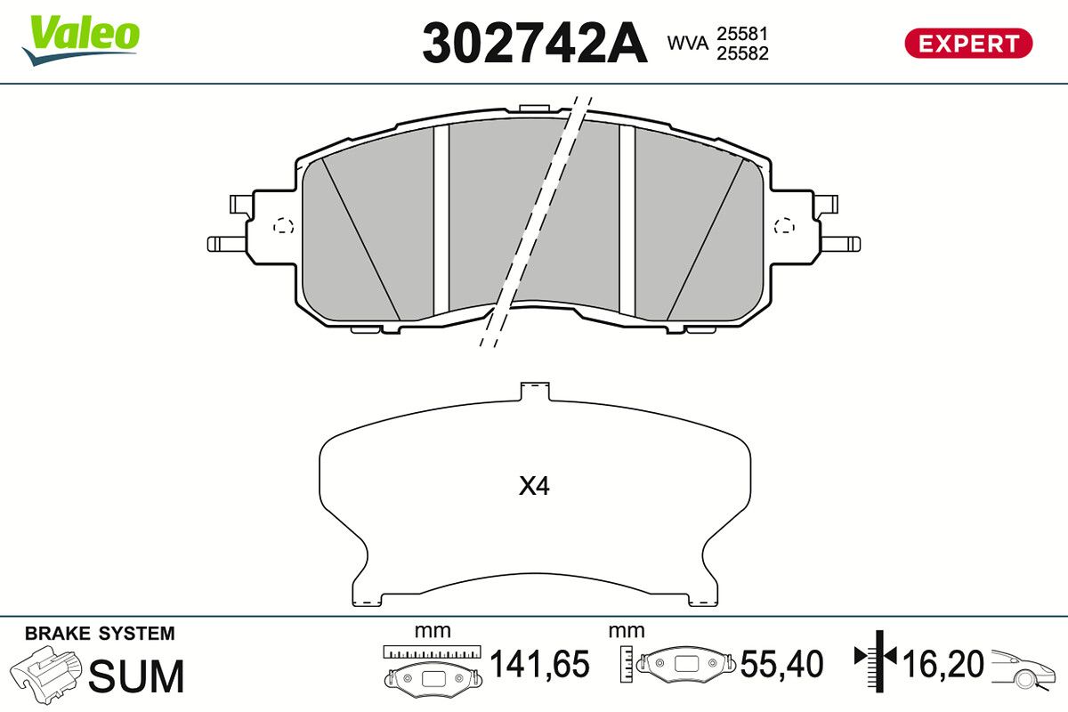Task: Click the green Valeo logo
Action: pos(81,39)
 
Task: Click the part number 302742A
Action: pos(535,44)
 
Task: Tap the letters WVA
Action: pos(688,44)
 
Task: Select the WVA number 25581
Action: pos(742,34)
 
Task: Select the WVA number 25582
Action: pos(743,53)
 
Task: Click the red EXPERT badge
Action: pos(968,44)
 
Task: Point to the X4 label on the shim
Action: pos(534,487)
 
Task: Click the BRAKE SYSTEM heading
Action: pos(100,634)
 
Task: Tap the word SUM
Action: pos(136,676)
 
